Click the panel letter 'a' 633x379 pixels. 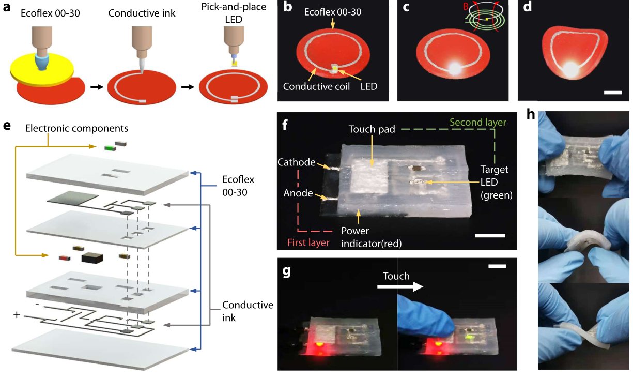click(7, 7)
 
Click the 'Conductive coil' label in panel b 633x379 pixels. click(316, 86)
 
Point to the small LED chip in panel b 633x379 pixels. click(335, 68)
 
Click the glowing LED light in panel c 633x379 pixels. click(454, 68)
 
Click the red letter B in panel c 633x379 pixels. click(466, 6)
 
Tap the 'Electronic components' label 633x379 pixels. click(76, 128)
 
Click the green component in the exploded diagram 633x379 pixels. click(110, 148)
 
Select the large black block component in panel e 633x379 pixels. click(92, 257)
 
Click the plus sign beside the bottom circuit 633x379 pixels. click(17, 315)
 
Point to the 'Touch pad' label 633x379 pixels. click(372, 129)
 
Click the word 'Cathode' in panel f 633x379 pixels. click(296, 162)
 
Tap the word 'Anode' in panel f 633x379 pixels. click(298, 193)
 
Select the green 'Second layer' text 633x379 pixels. click(477, 122)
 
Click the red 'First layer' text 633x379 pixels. click(308, 242)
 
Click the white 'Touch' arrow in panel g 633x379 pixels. click(400, 286)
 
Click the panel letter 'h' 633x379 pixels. click(530, 115)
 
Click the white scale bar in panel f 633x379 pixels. click(490, 235)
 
